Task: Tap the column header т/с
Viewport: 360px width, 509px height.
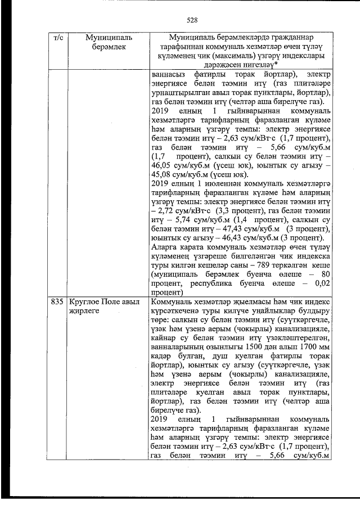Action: (57, 38)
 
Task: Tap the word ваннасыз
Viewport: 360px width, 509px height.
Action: (169, 74)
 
